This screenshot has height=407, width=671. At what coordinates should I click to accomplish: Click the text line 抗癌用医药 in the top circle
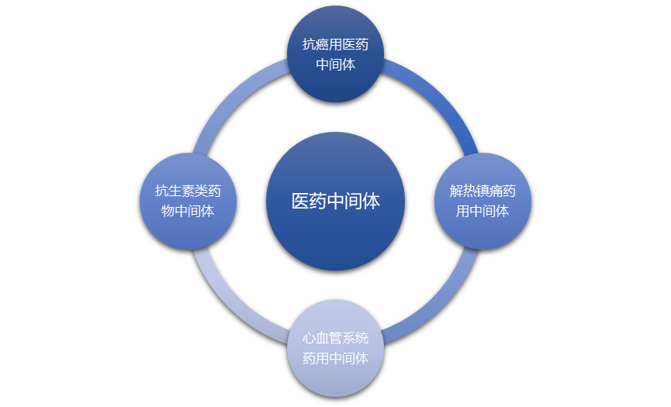(x=335, y=45)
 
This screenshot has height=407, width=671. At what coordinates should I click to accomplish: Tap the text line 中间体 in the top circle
(x=335, y=65)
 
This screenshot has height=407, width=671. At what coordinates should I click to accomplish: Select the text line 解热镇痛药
(x=482, y=191)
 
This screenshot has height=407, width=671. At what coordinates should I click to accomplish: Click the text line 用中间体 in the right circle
(x=482, y=211)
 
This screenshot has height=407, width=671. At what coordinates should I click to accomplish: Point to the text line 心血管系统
(x=335, y=339)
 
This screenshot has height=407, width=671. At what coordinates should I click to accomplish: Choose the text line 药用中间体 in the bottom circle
(x=335, y=358)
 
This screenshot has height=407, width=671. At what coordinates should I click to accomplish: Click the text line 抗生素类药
(x=188, y=191)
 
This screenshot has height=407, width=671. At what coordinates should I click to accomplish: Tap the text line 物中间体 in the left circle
(x=188, y=211)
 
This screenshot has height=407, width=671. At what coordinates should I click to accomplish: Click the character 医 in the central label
(x=300, y=202)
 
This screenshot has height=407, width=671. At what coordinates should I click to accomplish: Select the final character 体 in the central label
(x=371, y=202)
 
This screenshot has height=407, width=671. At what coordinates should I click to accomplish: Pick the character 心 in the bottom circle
(x=310, y=339)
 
